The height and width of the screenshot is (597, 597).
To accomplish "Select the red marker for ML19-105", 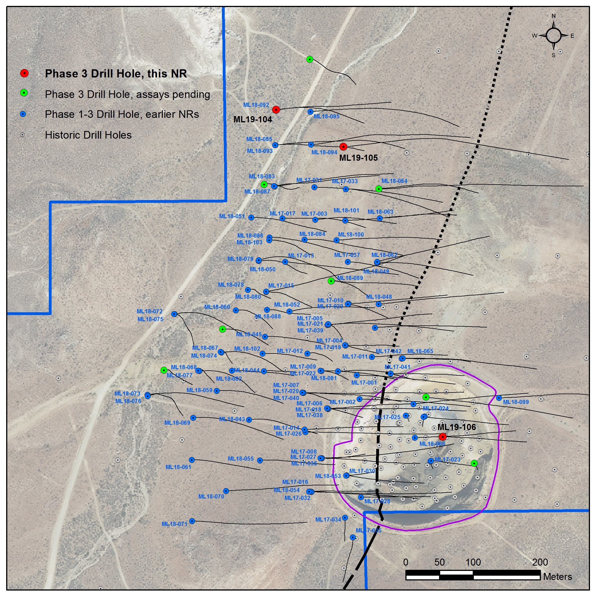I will pos(343,146).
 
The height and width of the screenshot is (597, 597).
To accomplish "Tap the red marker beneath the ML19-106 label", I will pos(442,437).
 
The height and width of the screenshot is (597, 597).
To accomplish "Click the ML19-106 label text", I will pos(456,427).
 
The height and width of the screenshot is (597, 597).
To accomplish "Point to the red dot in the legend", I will pos(24,73).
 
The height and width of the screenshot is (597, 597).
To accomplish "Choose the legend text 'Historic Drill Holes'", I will pos(88,135).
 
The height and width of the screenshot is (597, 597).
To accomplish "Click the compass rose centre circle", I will pos(554,36).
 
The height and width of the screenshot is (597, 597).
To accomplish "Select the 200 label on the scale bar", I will pos(540,562).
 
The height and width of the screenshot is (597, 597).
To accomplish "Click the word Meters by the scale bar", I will pos(557,577).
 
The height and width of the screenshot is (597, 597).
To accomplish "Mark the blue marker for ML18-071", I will pos(192,521).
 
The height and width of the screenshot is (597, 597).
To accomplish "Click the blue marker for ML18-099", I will pos(499,398).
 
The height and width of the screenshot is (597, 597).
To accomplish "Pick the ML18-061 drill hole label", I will pos(178,467).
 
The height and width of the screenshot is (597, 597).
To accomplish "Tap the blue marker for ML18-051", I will pos(251,217).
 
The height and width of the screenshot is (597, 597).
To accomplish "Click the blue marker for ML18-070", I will pos(226,491).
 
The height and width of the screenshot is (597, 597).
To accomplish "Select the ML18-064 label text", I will pos(394,181).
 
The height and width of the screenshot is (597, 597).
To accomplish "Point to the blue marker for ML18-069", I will pos(193,418).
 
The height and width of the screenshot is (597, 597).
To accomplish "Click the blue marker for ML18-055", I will pos(260,460).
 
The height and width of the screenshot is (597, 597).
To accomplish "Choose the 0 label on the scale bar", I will pos(406,562).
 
